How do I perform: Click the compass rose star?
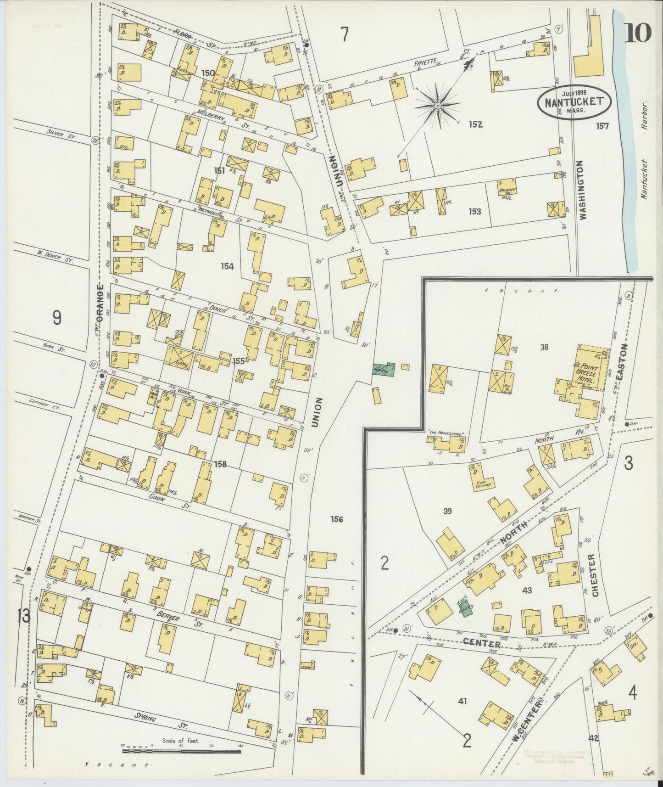[x=438, y=107]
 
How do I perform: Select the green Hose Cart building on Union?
[x=383, y=370]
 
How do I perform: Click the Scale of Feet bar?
[x=184, y=752]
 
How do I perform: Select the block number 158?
[x=220, y=464]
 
